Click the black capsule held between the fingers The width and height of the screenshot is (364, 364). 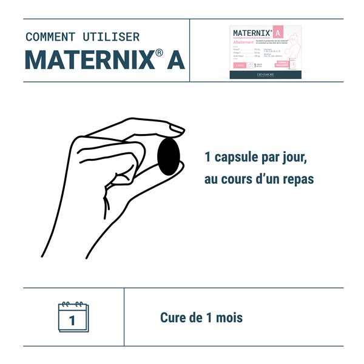(x=169, y=157)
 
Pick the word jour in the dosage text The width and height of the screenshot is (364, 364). (x=295, y=159)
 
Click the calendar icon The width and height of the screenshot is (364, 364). (x=73, y=317)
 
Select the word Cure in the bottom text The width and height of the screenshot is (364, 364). (x=173, y=317)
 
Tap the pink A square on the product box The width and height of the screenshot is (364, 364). (x=278, y=32)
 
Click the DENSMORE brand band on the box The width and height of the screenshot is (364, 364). (x=265, y=75)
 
